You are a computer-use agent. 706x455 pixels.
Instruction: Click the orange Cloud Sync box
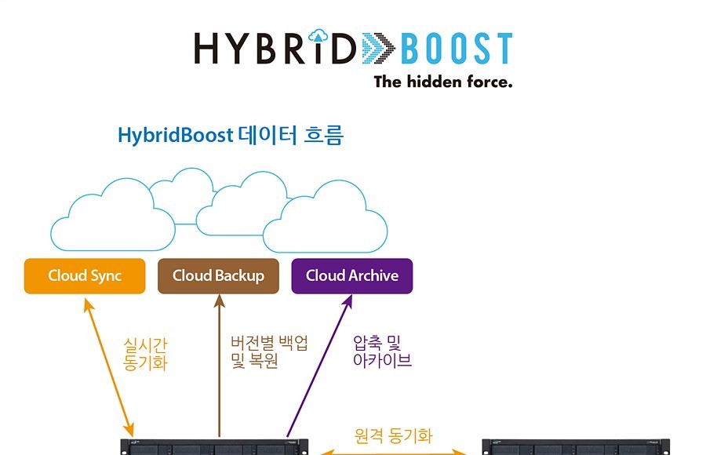coord(85,276)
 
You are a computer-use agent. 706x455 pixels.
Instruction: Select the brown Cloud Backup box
coord(218,276)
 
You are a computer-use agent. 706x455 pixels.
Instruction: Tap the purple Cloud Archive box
coord(352,276)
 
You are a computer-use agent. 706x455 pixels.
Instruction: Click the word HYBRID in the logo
coord(275,48)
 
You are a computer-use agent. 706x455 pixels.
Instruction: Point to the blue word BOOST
coord(457,48)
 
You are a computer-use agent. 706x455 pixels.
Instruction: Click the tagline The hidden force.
coord(443,82)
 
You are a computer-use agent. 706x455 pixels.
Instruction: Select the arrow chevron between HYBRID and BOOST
coord(378,48)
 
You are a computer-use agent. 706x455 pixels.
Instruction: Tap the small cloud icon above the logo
coord(318,35)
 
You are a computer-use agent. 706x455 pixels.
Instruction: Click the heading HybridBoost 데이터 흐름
coord(231,135)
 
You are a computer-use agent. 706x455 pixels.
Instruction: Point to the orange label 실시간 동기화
coord(145,354)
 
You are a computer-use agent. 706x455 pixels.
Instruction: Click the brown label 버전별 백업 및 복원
coord(269,351)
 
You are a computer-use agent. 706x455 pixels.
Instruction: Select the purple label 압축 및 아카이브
coord(382,351)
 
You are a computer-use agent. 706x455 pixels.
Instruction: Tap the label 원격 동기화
coord(393,435)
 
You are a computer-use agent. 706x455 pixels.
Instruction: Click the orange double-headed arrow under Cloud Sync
coord(108,367)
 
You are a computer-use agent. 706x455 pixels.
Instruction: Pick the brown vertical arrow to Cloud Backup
coord(220,366)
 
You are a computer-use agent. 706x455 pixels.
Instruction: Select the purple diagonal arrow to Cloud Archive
coord(319,366)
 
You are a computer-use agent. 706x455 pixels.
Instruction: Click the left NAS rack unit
coord(214,447)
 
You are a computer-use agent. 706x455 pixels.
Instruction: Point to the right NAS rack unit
coord(576,447)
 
